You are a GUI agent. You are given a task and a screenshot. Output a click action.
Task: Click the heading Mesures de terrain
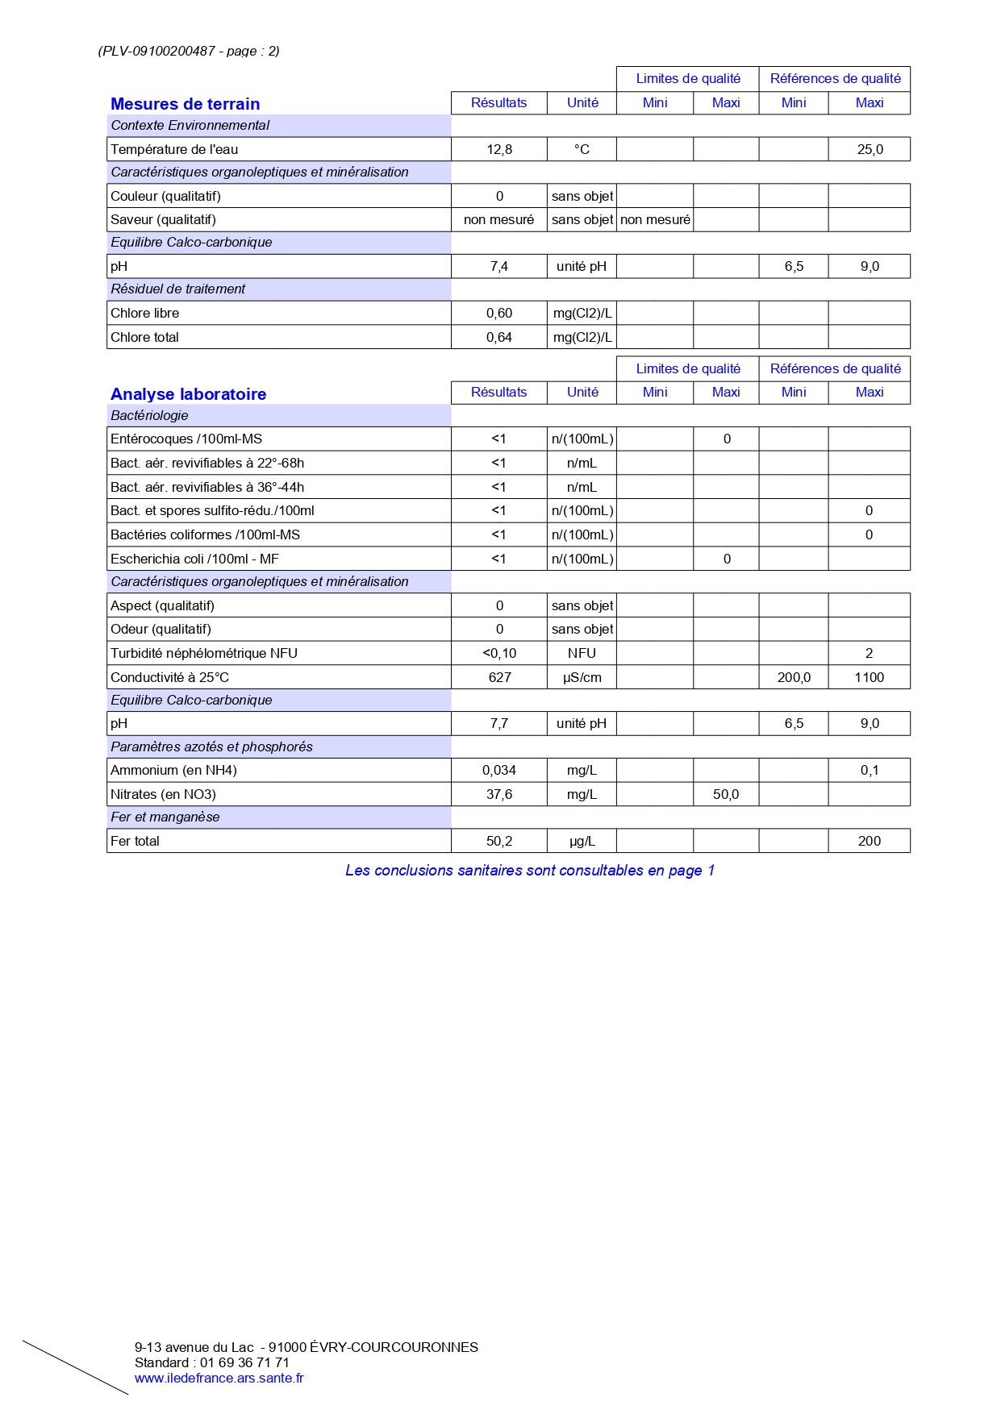point(185,104)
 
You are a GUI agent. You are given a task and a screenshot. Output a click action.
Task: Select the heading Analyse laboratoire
point(188,394)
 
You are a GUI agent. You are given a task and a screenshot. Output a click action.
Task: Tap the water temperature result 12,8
point(499,149)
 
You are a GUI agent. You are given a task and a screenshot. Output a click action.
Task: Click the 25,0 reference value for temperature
point(870,149)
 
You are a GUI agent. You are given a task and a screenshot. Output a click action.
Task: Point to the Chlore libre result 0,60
point(499,313)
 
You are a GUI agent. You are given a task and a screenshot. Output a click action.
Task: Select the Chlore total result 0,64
point(499,337)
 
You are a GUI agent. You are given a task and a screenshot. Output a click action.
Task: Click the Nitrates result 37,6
point(499,794)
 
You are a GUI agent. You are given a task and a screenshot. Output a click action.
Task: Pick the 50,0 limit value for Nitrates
point(726,794)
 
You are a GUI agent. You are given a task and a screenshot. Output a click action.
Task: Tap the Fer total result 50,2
point(499,841)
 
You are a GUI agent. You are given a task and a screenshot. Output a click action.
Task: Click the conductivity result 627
point(499,677)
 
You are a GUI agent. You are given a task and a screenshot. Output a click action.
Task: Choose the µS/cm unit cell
point(582,677)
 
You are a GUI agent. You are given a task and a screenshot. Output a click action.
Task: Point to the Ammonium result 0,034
point(499,770)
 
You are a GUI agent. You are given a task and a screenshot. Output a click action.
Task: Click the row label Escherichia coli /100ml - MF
point(194,559)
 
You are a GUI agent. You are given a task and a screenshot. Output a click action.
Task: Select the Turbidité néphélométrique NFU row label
point(204,653)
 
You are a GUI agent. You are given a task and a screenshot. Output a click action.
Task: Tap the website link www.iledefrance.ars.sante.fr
point(219,1378)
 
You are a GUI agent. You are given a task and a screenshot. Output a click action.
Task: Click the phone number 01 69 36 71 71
point(244,1362)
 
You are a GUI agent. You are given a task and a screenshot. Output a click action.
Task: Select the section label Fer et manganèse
point(165,817)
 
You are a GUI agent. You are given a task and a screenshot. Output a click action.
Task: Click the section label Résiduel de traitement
point(178,289)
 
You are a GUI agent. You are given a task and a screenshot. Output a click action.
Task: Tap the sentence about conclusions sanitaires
point(530,870)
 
